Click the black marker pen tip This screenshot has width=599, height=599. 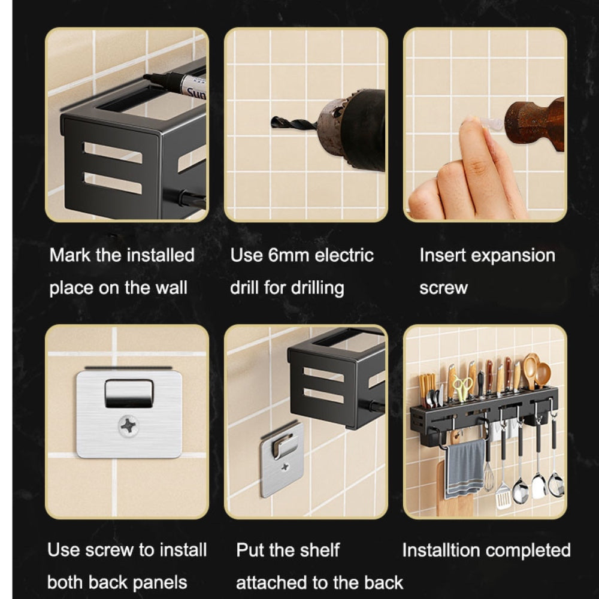coord(147,77)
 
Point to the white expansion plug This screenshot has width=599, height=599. coord(491,123)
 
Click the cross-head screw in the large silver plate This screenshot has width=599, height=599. coord(128,426)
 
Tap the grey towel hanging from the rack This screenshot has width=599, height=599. coord(465,468)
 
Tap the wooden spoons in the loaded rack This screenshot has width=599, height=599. coord(536,370)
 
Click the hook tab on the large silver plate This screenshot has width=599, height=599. coord(129,394)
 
